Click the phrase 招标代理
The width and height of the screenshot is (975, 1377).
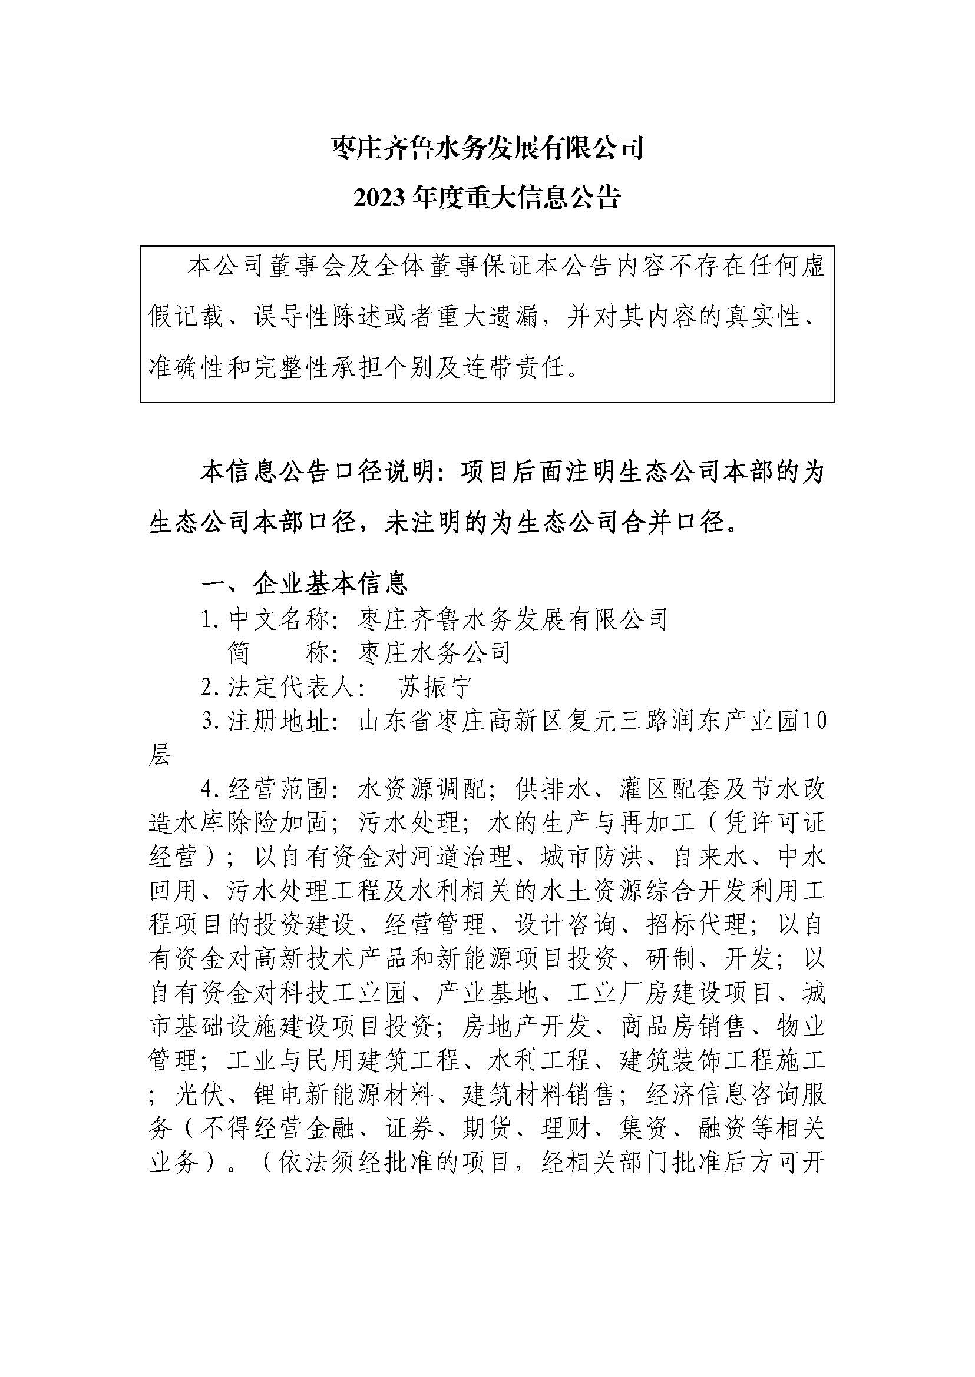[x=696, y=925]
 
